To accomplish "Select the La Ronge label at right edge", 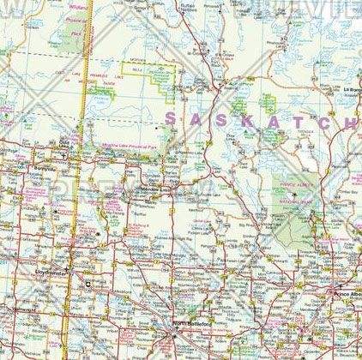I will [351, 88].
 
